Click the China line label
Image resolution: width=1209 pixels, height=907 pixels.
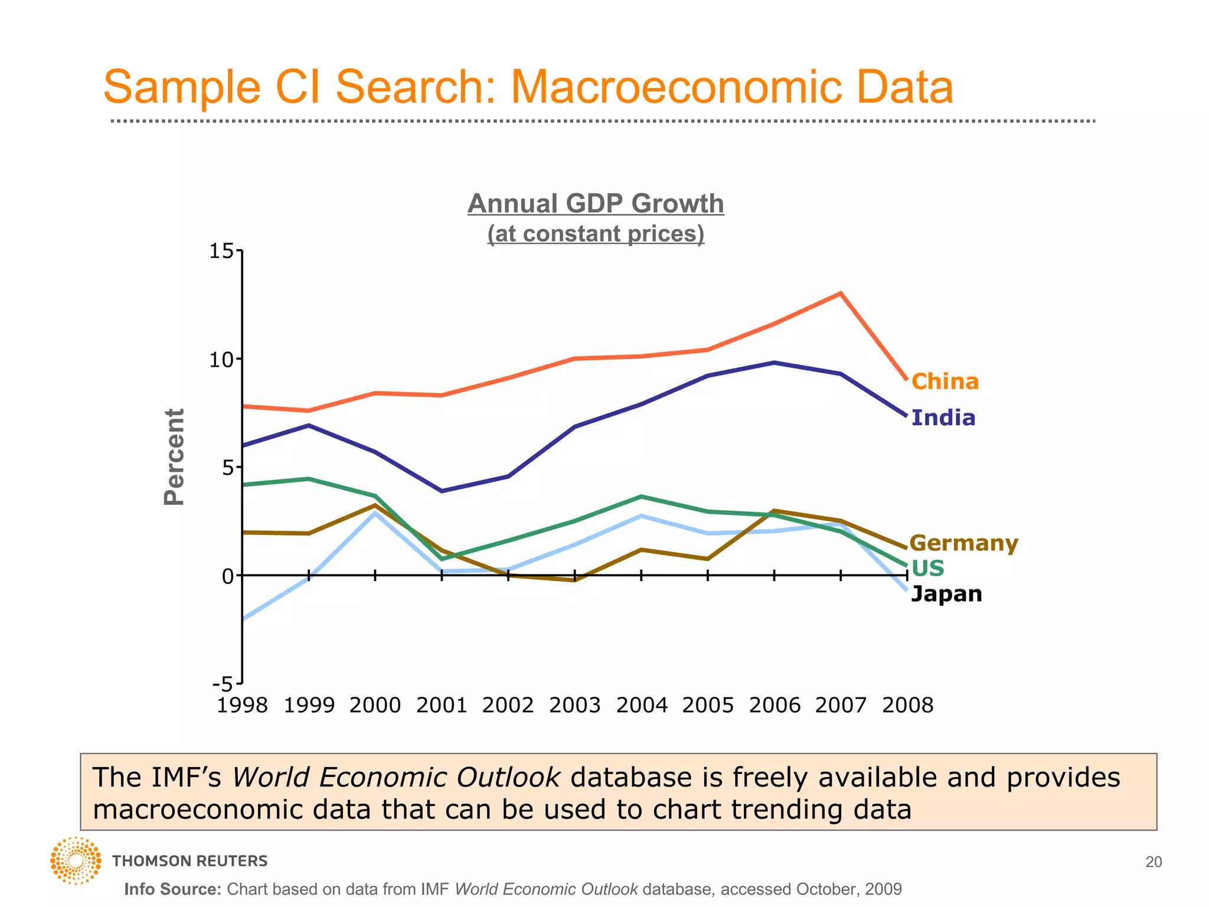tap(945, 381)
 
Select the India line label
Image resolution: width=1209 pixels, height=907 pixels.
tap(943, 418)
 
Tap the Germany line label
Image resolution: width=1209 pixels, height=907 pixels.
tap(963, 543)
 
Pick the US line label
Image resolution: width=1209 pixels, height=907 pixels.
tap(927, 568)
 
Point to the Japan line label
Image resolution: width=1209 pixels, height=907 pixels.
tap(946, 593)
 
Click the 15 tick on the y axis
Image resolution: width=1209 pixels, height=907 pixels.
tap(223, 252)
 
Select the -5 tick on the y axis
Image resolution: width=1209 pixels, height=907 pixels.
tap(224, 684)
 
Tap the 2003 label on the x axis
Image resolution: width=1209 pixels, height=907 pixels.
tap(574, 705)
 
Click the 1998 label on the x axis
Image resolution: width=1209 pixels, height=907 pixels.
tap(242, 705)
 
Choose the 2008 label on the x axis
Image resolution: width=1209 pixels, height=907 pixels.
tap(907, 705)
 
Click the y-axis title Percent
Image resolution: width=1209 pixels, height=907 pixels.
tap(174, 456)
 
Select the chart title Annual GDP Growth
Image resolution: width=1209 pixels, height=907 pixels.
tap(596, 204)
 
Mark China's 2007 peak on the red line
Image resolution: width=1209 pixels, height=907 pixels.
tap(841, 293)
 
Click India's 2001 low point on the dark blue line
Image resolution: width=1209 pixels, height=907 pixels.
tap(442, 491)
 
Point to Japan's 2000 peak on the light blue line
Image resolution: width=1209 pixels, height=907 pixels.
tap(375, 513)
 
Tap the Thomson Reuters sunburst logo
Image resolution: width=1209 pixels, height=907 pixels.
tap(76, 860)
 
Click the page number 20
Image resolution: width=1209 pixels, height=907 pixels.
tap(1153, 862)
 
